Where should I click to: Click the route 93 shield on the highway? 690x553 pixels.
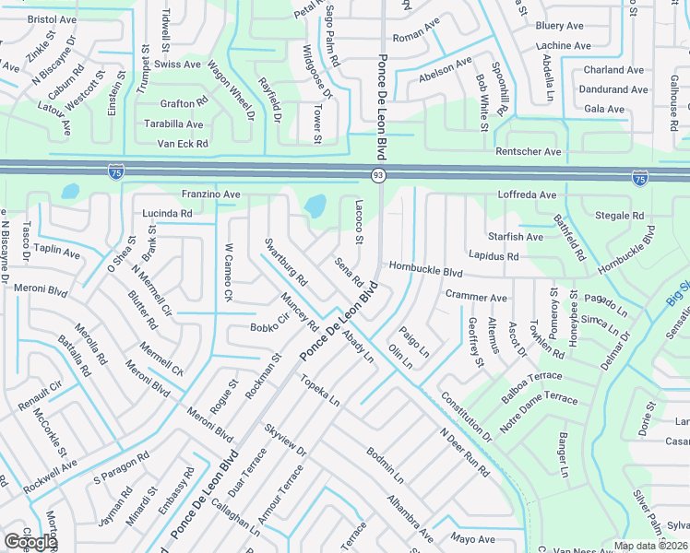click(378, 175)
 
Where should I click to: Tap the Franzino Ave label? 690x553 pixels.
click(210, 194)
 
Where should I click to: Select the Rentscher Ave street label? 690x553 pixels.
click(528, 151)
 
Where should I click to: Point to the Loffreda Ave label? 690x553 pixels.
click(527, 195)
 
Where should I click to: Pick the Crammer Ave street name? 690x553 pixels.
click(476, 298)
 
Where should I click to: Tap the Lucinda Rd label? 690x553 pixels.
click(167, 213)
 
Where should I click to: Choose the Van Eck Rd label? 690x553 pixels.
click(183, 144)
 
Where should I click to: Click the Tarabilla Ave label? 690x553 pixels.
click(172, 124)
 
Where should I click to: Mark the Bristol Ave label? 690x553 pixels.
click(52, 18)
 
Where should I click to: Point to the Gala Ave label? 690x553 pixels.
click(604, 109)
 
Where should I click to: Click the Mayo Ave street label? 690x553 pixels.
click(473, 538)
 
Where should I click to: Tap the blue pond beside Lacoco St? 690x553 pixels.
click(315, 206)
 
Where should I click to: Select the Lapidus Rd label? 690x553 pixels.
click(494, 256)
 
